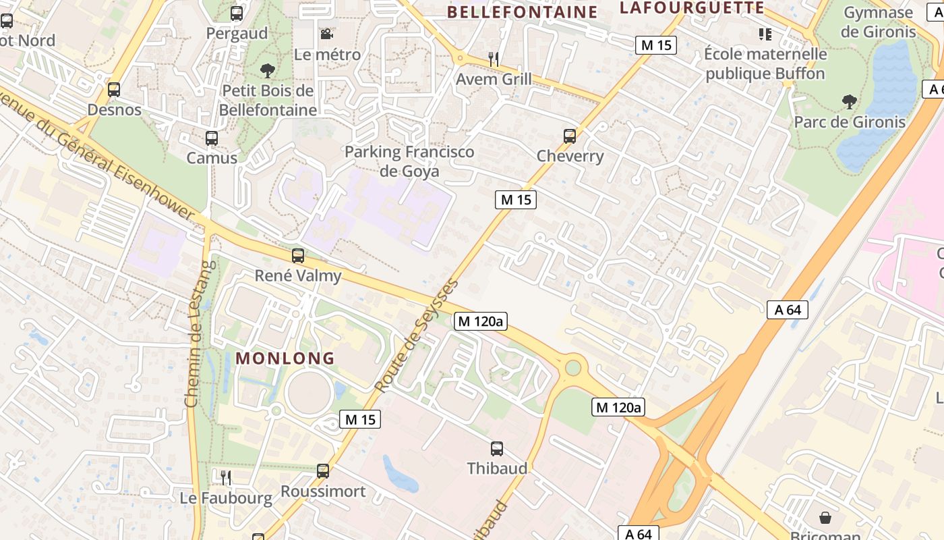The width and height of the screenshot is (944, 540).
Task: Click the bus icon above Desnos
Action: pos(114,89)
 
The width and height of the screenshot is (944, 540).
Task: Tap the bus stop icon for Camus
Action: pos(212,138)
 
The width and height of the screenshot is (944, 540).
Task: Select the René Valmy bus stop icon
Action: pos(298,256)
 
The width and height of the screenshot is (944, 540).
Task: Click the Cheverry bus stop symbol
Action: pos(570,136)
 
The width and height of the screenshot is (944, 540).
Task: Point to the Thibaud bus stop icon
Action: pos(497,448)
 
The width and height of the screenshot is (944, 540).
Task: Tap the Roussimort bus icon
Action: pos(323,471)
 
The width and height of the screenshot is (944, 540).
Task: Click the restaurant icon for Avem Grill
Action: pos(494,59)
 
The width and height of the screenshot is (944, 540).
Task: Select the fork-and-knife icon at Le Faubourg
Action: pos(226,477)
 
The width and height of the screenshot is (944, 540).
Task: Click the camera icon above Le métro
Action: pos(326,34)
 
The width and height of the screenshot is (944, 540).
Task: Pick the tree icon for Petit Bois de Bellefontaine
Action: pos(268,70)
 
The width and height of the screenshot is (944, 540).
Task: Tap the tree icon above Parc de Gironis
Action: pos(849,102)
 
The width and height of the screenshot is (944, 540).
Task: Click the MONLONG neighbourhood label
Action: pos(285,358)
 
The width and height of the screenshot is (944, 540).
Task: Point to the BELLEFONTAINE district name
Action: pos(522,12)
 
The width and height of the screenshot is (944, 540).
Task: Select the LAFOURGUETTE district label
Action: pos(692,8)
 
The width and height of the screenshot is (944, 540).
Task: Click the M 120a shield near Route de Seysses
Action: pos(481,321)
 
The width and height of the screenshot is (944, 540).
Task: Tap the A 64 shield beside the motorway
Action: pos(787,310)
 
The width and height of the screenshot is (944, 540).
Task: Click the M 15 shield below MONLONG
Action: pos(360,419)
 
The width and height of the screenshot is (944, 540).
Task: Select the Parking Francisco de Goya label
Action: pos(409,161)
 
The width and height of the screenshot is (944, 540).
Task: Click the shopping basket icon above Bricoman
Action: pos(825,518)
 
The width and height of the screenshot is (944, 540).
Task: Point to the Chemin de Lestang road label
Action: pos(194,334)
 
